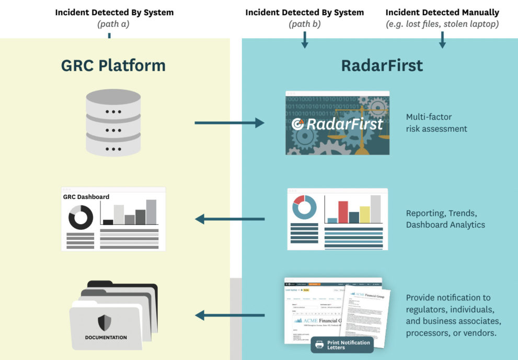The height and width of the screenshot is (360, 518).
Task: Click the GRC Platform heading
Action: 113,65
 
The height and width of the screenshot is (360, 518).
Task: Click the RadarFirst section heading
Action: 382,65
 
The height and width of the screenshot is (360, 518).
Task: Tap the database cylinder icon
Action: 113,122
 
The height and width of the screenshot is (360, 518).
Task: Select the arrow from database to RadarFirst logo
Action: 229,123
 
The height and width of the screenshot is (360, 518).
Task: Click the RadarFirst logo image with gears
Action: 337,123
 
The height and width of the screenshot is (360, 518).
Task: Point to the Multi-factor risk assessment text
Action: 436,123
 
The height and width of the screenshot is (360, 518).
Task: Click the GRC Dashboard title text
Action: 86,196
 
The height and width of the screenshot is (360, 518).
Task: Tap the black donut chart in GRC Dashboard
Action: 80,217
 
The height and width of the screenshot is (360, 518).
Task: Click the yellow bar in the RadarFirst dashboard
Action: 365,215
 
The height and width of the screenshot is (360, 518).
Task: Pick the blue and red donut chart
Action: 304,207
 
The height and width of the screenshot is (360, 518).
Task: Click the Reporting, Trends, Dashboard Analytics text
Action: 445,219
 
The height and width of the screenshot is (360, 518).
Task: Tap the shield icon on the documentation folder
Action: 105,322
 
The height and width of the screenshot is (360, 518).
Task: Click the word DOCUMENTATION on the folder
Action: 106,338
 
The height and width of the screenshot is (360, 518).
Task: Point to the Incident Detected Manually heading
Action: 442,12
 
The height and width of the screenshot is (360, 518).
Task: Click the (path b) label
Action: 305,24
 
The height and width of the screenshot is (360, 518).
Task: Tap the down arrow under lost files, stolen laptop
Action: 442,41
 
